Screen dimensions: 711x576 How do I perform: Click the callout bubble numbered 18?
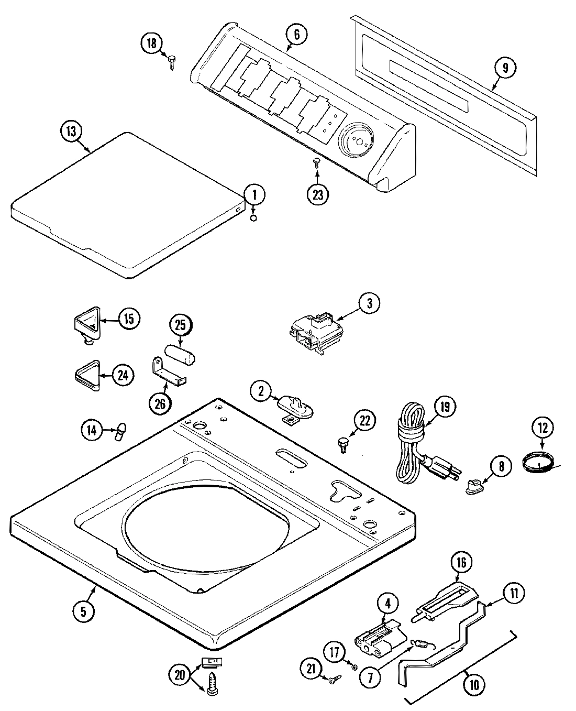click(x=151, y=43)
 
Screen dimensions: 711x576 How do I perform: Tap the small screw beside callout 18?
click(x=172, y=63)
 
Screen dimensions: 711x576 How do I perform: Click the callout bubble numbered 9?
click(x=505, y=68)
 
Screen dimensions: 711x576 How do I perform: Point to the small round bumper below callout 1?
click(x=253, y=217)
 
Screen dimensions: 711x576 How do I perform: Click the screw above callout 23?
click(x=317, y=163)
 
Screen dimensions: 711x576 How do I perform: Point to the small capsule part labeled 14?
click(x=120, y=430)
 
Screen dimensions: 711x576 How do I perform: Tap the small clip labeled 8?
click(x=474, y=488)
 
